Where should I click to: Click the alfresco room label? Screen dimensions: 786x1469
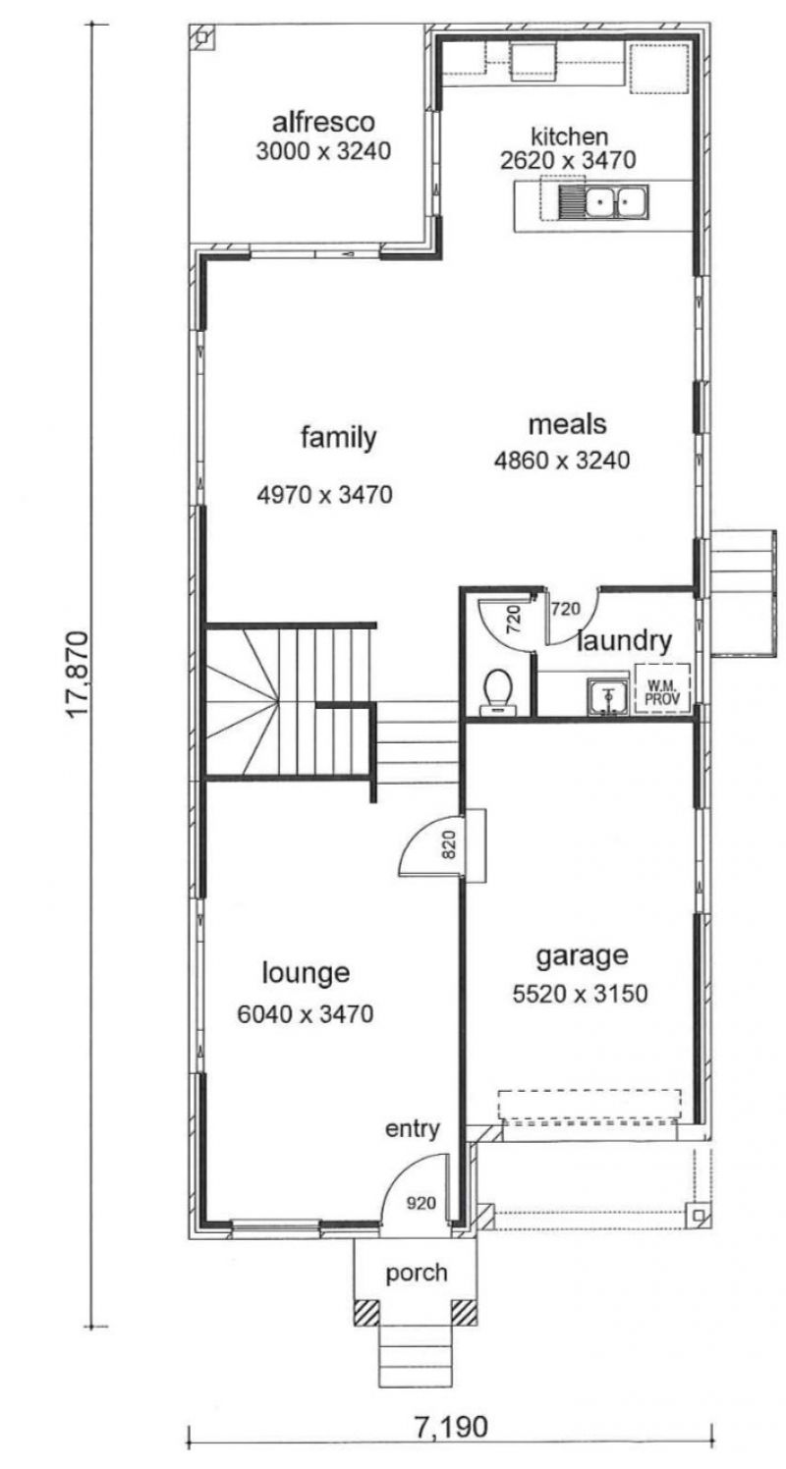[323, 123]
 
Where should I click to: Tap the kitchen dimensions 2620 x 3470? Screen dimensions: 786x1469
[568, 160]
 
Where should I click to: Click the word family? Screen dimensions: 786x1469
[339, 437]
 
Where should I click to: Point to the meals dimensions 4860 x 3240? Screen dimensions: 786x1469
[562, 461]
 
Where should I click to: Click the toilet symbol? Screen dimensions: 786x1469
[498, 692]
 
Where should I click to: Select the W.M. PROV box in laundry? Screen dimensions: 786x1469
[662, 688]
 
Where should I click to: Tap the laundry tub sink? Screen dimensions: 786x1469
[608, 696]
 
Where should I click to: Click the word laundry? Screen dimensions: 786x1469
[624, 641]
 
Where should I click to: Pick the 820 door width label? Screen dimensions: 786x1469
[449, 844]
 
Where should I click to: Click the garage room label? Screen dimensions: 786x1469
[582, 956]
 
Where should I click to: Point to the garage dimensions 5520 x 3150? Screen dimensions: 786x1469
[580, 994]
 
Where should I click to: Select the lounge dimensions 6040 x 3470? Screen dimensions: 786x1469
[306, 1014]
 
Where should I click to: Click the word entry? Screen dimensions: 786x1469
[412, 1129]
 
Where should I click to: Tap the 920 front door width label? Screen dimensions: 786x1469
[421, 1203]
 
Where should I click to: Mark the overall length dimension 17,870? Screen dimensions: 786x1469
[77, 675]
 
